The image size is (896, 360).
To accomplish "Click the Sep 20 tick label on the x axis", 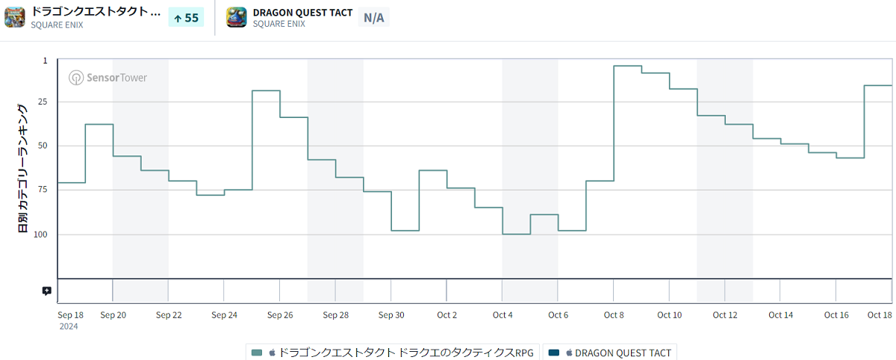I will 113,315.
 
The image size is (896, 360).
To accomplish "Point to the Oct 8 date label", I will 614,315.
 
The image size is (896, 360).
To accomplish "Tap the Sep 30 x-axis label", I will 391,315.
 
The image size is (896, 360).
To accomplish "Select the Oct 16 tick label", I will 836,315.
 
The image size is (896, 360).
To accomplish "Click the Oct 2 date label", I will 447,315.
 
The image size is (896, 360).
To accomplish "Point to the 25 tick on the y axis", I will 42,102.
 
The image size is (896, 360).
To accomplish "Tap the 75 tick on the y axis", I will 42,190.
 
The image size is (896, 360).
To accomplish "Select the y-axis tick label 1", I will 45,60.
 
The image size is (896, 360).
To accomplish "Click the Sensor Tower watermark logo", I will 108,78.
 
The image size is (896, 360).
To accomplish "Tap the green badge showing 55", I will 186,17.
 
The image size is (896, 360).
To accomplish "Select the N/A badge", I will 373,17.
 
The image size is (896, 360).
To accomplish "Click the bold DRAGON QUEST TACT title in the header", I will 302,13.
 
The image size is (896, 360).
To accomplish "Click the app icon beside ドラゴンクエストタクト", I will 15,16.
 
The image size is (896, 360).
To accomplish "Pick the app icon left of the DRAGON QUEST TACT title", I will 237,16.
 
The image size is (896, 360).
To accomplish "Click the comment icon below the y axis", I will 47,291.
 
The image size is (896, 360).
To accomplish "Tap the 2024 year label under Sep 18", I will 68,326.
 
